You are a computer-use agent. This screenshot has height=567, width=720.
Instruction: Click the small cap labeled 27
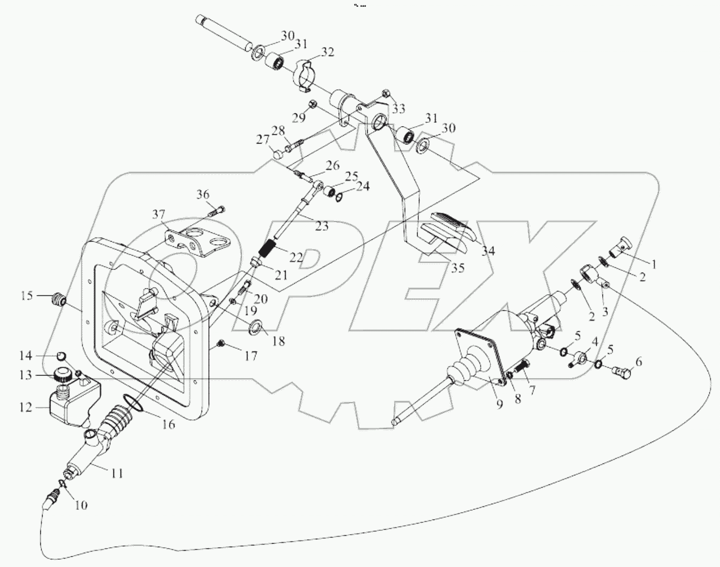276,153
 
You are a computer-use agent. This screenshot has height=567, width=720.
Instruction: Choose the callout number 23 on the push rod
322,226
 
